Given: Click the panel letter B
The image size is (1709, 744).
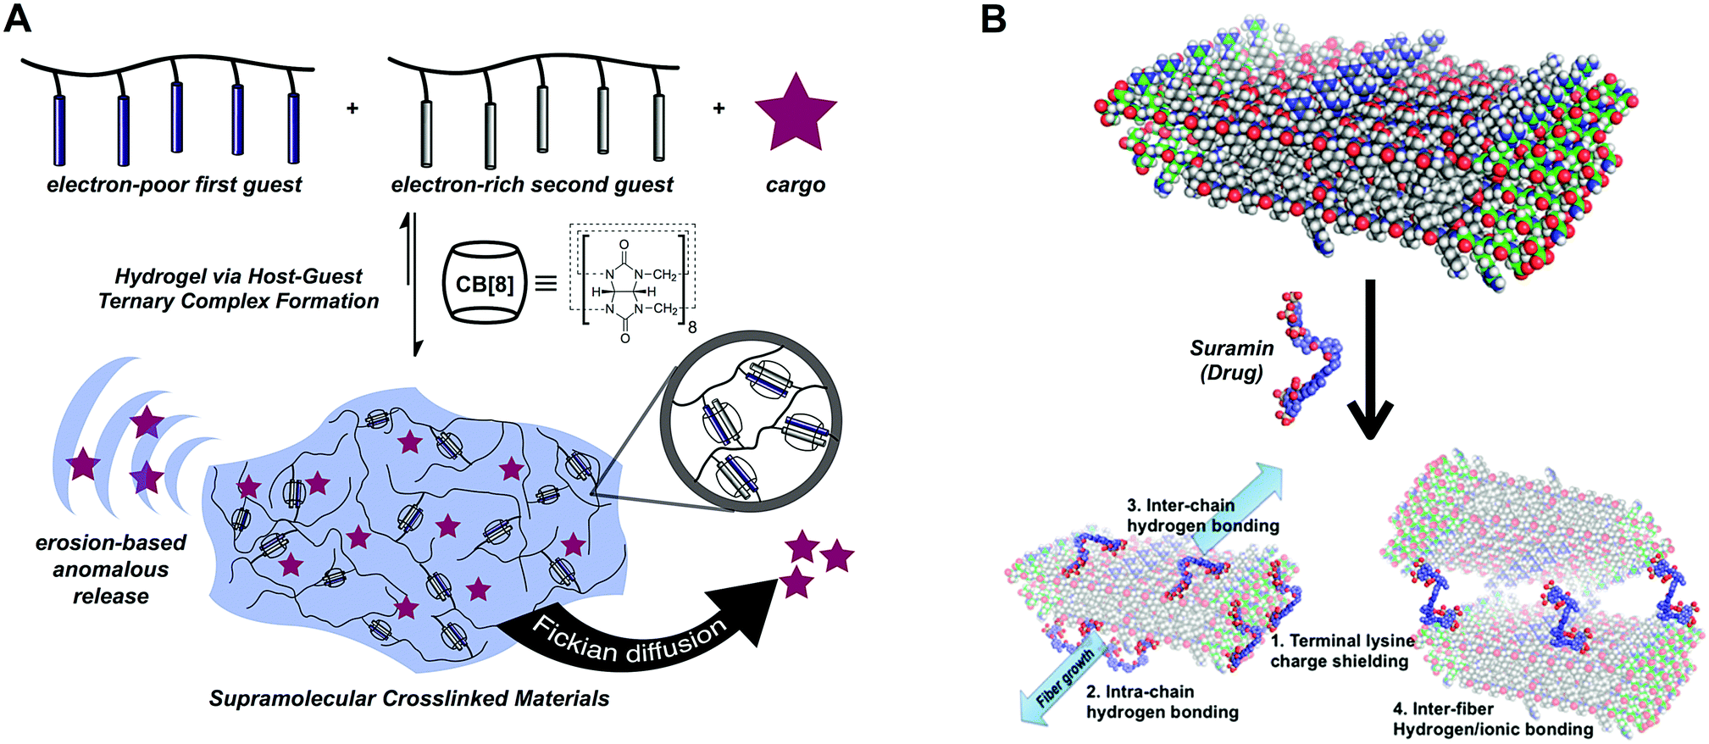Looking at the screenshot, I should coord(993,18).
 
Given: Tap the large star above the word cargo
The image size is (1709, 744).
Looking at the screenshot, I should coord(796,114).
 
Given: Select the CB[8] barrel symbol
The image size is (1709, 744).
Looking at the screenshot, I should coord(484,283).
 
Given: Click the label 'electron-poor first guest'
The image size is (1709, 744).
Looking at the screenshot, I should coord(174,185).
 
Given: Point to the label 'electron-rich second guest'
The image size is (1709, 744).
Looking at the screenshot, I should coord(532,185).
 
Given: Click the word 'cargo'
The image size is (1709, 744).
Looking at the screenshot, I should coord(795,186).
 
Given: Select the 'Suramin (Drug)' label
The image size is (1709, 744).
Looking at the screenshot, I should coord(1231,360).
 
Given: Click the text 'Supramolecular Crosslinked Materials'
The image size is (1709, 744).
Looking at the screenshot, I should coord(409,698).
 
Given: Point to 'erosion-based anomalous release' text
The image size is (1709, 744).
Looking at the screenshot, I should coord(110,569).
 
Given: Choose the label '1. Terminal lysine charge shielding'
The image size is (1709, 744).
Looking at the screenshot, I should coord(1340,651).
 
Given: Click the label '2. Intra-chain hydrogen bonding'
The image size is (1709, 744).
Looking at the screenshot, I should coord(1162,702).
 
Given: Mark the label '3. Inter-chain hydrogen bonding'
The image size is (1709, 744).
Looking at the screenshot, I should coord(1201,515).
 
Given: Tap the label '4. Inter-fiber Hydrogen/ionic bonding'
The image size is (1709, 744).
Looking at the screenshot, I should coord(1492,719).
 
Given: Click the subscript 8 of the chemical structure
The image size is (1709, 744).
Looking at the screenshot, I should coord(692,326).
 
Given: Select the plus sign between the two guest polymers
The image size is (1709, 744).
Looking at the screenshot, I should coord(352,108).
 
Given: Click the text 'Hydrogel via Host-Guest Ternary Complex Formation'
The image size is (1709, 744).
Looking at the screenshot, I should coord(238,288).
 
